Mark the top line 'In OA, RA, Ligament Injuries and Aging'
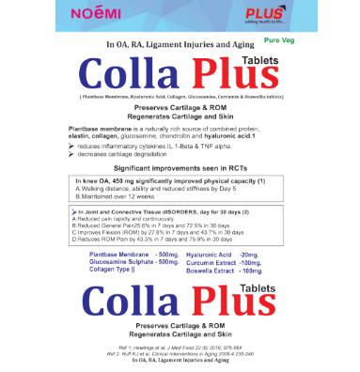pos(180,44)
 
